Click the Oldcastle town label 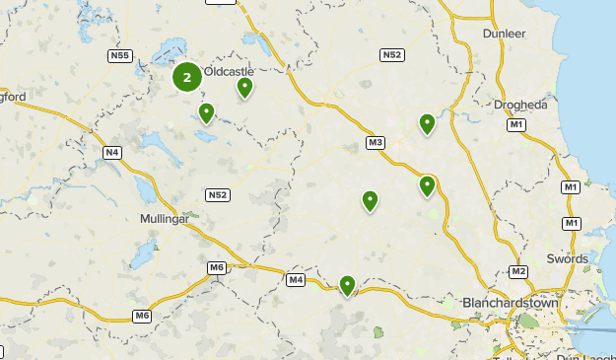[229, 72]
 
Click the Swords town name [568, 258]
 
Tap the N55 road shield [119, 55]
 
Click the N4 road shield [111, 152]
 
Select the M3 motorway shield [375, 143]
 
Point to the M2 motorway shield [519, 271]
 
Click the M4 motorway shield [296, 280]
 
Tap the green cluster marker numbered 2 [187, 77]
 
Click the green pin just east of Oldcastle [244, 88]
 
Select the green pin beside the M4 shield [347, 285]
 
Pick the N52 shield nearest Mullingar [218, 195]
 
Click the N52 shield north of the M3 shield [392, 54]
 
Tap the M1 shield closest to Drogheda [516, 125]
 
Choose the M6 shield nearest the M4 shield [217, 267]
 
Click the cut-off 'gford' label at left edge [13, 96]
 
